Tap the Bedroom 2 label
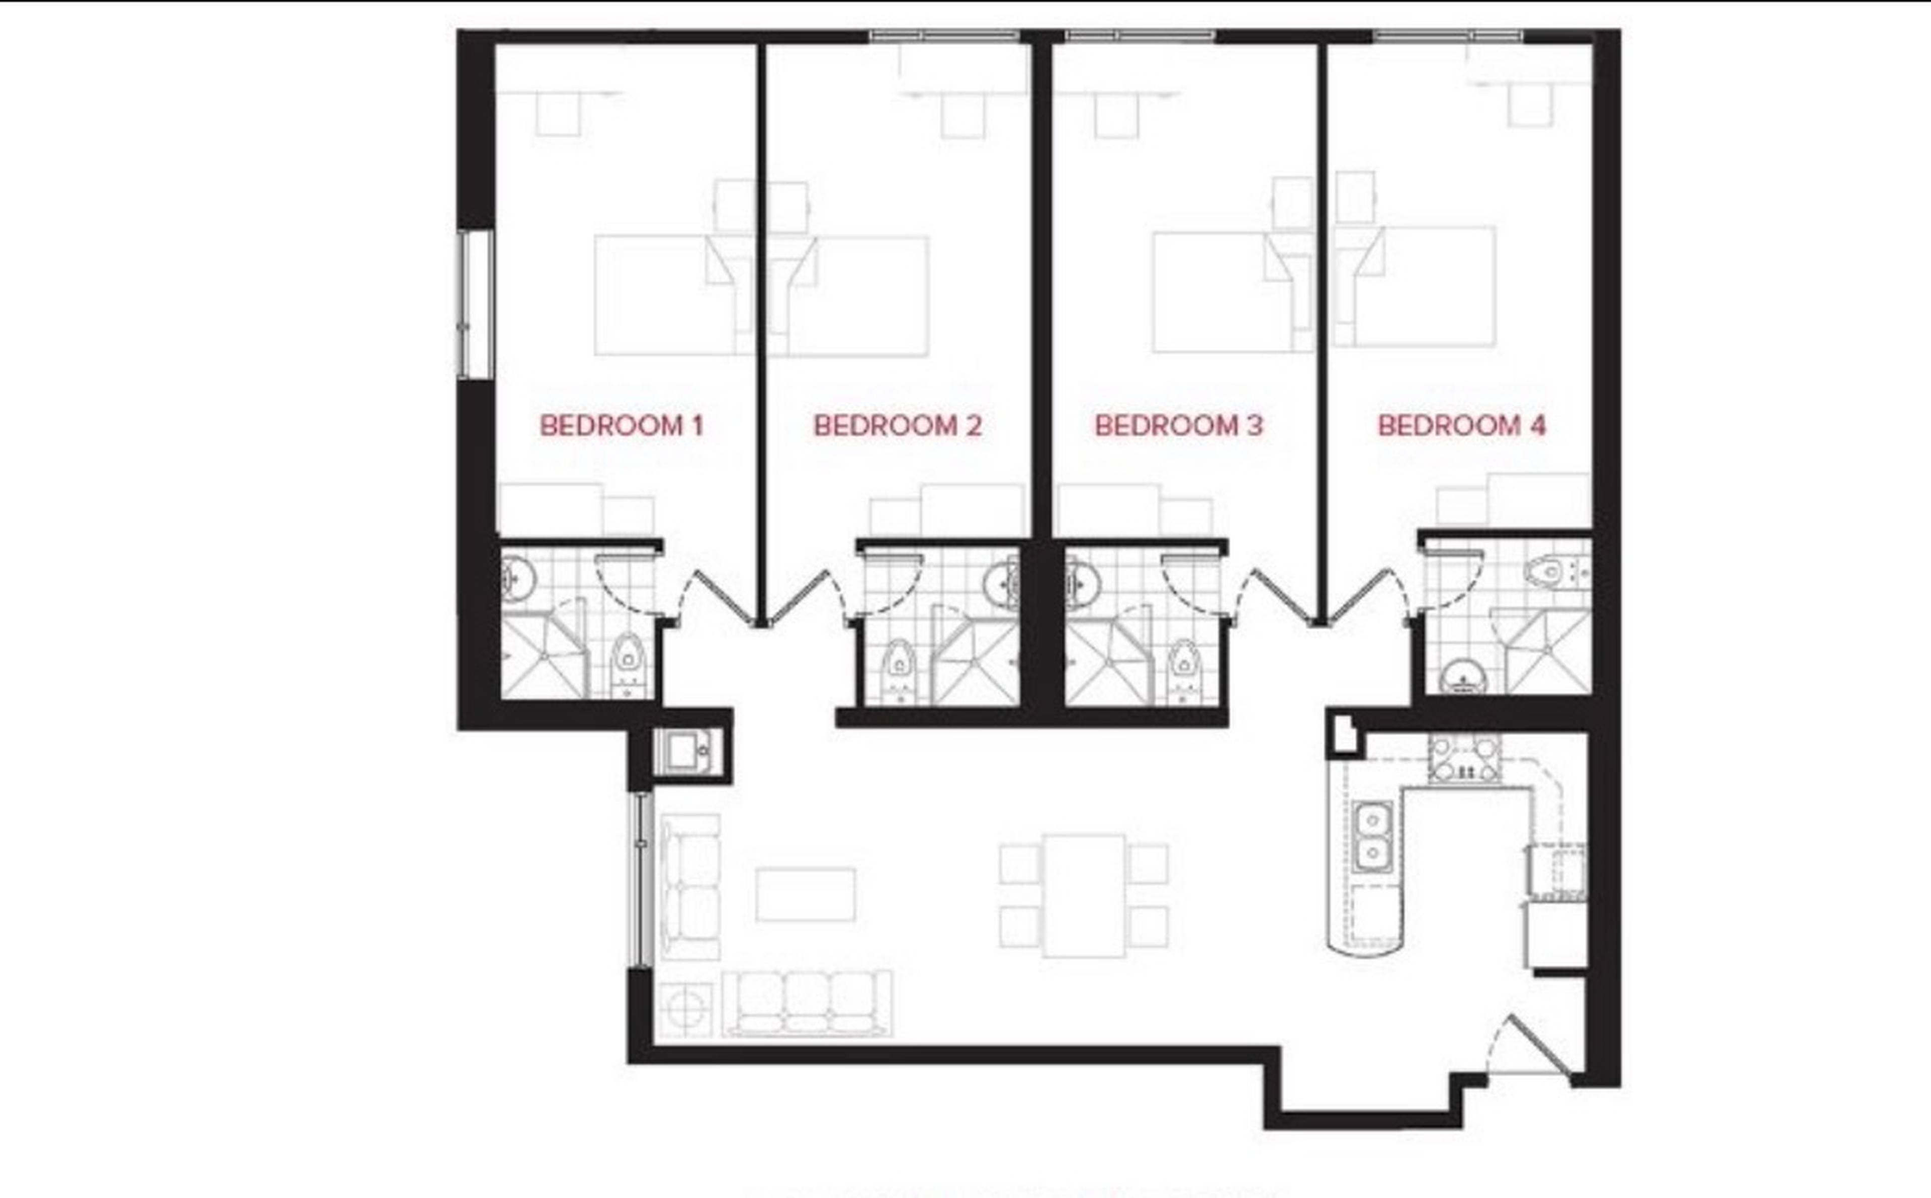tap(898, 426)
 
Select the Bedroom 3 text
tap(1178, 426)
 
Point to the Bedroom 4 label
tap(1462, 426)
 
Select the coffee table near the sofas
tap(805, 894)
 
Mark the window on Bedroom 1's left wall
tap(475, 304)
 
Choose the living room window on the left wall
tap(642, 879)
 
